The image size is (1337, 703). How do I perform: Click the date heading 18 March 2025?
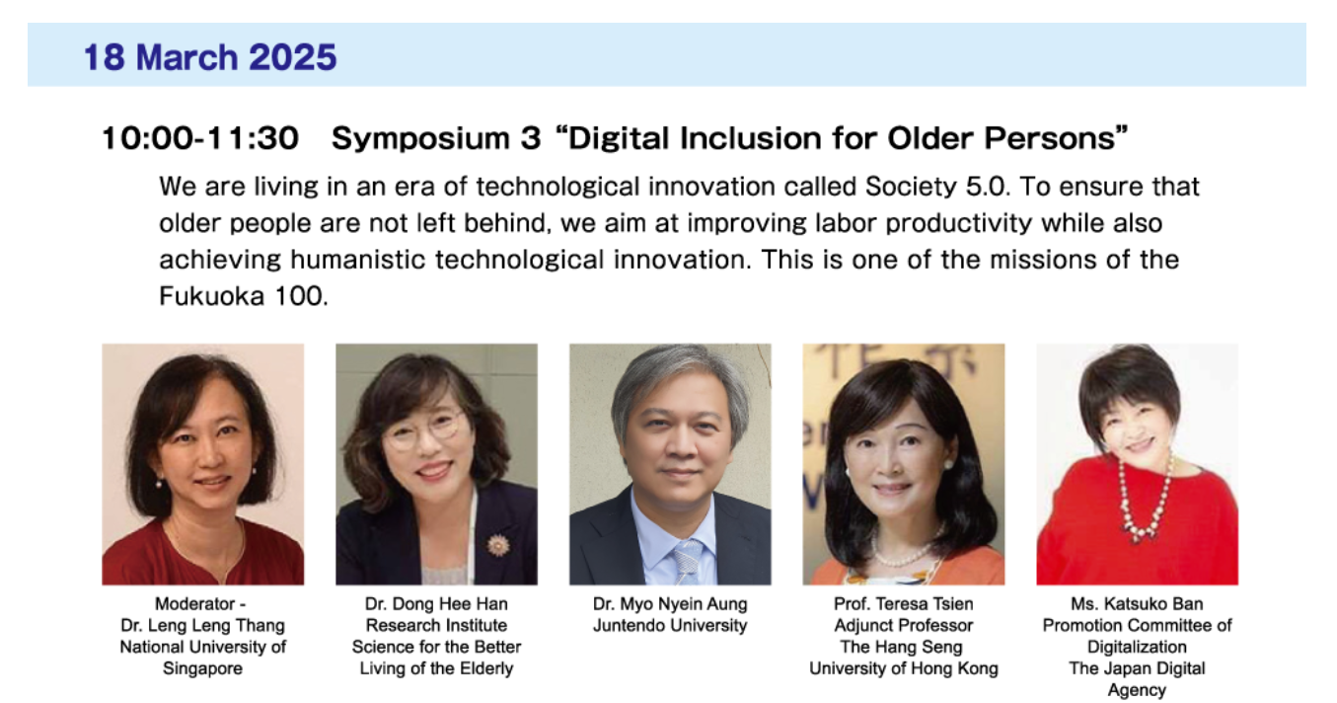[210, 57]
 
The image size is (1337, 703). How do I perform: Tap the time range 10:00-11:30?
[199, 139]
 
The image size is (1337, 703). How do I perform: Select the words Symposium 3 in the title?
[436, 139]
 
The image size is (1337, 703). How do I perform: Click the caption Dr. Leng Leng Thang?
[202, 625]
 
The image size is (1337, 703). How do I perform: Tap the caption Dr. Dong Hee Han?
[436, 603]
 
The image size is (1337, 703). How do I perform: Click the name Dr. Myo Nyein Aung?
[670, 603]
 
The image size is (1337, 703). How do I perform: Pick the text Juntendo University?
[670, 625]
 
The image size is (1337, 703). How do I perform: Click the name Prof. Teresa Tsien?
[903, 603]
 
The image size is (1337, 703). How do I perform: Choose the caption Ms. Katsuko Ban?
[1137, 603]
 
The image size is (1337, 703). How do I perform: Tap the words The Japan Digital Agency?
[1137, 678]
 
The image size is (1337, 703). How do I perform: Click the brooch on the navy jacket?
[498, 544]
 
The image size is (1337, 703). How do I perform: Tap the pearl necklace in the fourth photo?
[902, 555]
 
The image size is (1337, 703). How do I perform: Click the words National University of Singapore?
[202, 658]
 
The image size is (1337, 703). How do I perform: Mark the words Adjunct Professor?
[903, 625]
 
